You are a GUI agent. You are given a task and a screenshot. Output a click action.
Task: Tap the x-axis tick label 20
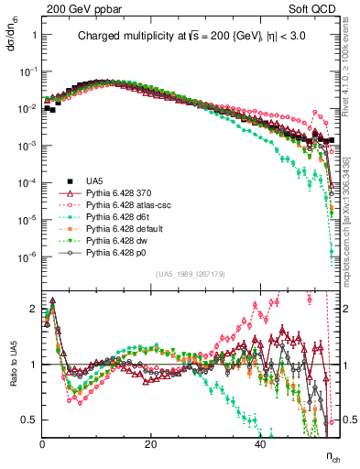point(151,443)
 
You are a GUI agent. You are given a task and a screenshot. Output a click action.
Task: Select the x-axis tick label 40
point(260,443)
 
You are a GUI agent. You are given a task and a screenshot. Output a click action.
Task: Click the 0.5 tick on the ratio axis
point(32,420)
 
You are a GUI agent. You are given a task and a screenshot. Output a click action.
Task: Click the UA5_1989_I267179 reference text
point(191,274)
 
